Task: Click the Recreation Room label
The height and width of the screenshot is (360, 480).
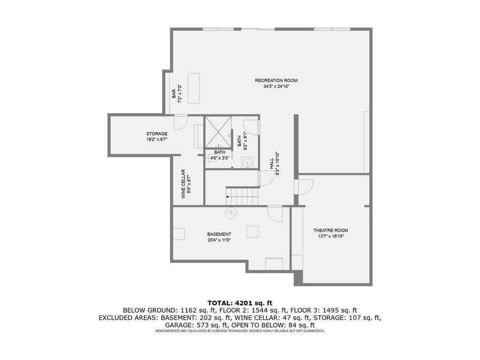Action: [276, 81]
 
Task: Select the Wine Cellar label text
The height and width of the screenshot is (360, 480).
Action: [183, 184]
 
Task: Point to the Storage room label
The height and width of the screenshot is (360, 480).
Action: [157, 134]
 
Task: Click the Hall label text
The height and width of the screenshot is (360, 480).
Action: [272, 164]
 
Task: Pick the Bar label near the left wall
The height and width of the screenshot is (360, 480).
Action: [174, 94]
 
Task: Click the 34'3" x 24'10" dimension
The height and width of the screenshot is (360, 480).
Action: [277, 86]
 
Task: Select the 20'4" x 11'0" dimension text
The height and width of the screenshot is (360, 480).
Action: [219, 240]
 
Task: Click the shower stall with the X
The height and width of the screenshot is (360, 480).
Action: [218, 133]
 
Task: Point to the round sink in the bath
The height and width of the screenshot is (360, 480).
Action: [247, 163]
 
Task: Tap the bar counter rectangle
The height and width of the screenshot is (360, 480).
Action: [194, 88]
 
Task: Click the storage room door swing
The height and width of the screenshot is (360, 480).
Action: [180, 123]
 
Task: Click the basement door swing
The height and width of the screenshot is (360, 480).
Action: [275, 214]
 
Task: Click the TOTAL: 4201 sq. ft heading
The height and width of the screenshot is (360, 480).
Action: [240, 303]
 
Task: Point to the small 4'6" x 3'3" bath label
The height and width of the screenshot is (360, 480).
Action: [219, 158]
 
